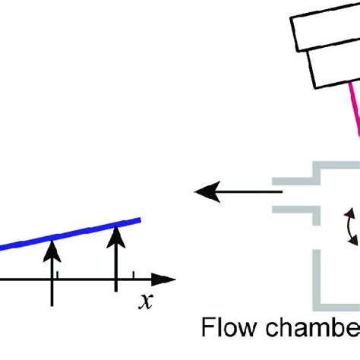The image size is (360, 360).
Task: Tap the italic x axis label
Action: pos(144,302)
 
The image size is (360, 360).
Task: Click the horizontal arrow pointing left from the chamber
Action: pos(231,191)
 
